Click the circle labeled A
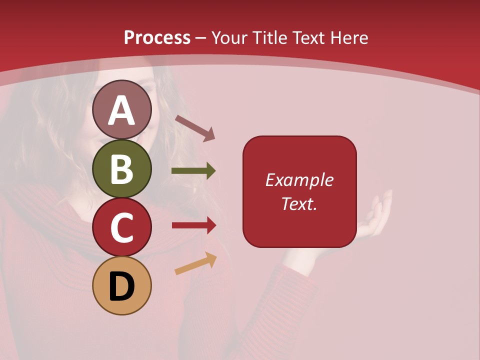[x=122, y=109]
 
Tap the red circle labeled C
[x=122, y=227]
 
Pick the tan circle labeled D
[x=122, y=285]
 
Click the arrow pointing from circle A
[x=195, y=128]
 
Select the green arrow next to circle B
[x=193, y=171]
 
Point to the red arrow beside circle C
[x=194, y=225]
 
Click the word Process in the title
[x=157, y=37]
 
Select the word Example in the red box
[x=299, y=180]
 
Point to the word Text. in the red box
[x=299, y=203]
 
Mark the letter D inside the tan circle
[x=122, y=286]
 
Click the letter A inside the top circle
[x=122, y=110]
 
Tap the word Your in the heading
[x=230, y=37]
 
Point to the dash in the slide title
[x=200, y=38]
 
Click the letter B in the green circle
[x=122, y=169]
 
